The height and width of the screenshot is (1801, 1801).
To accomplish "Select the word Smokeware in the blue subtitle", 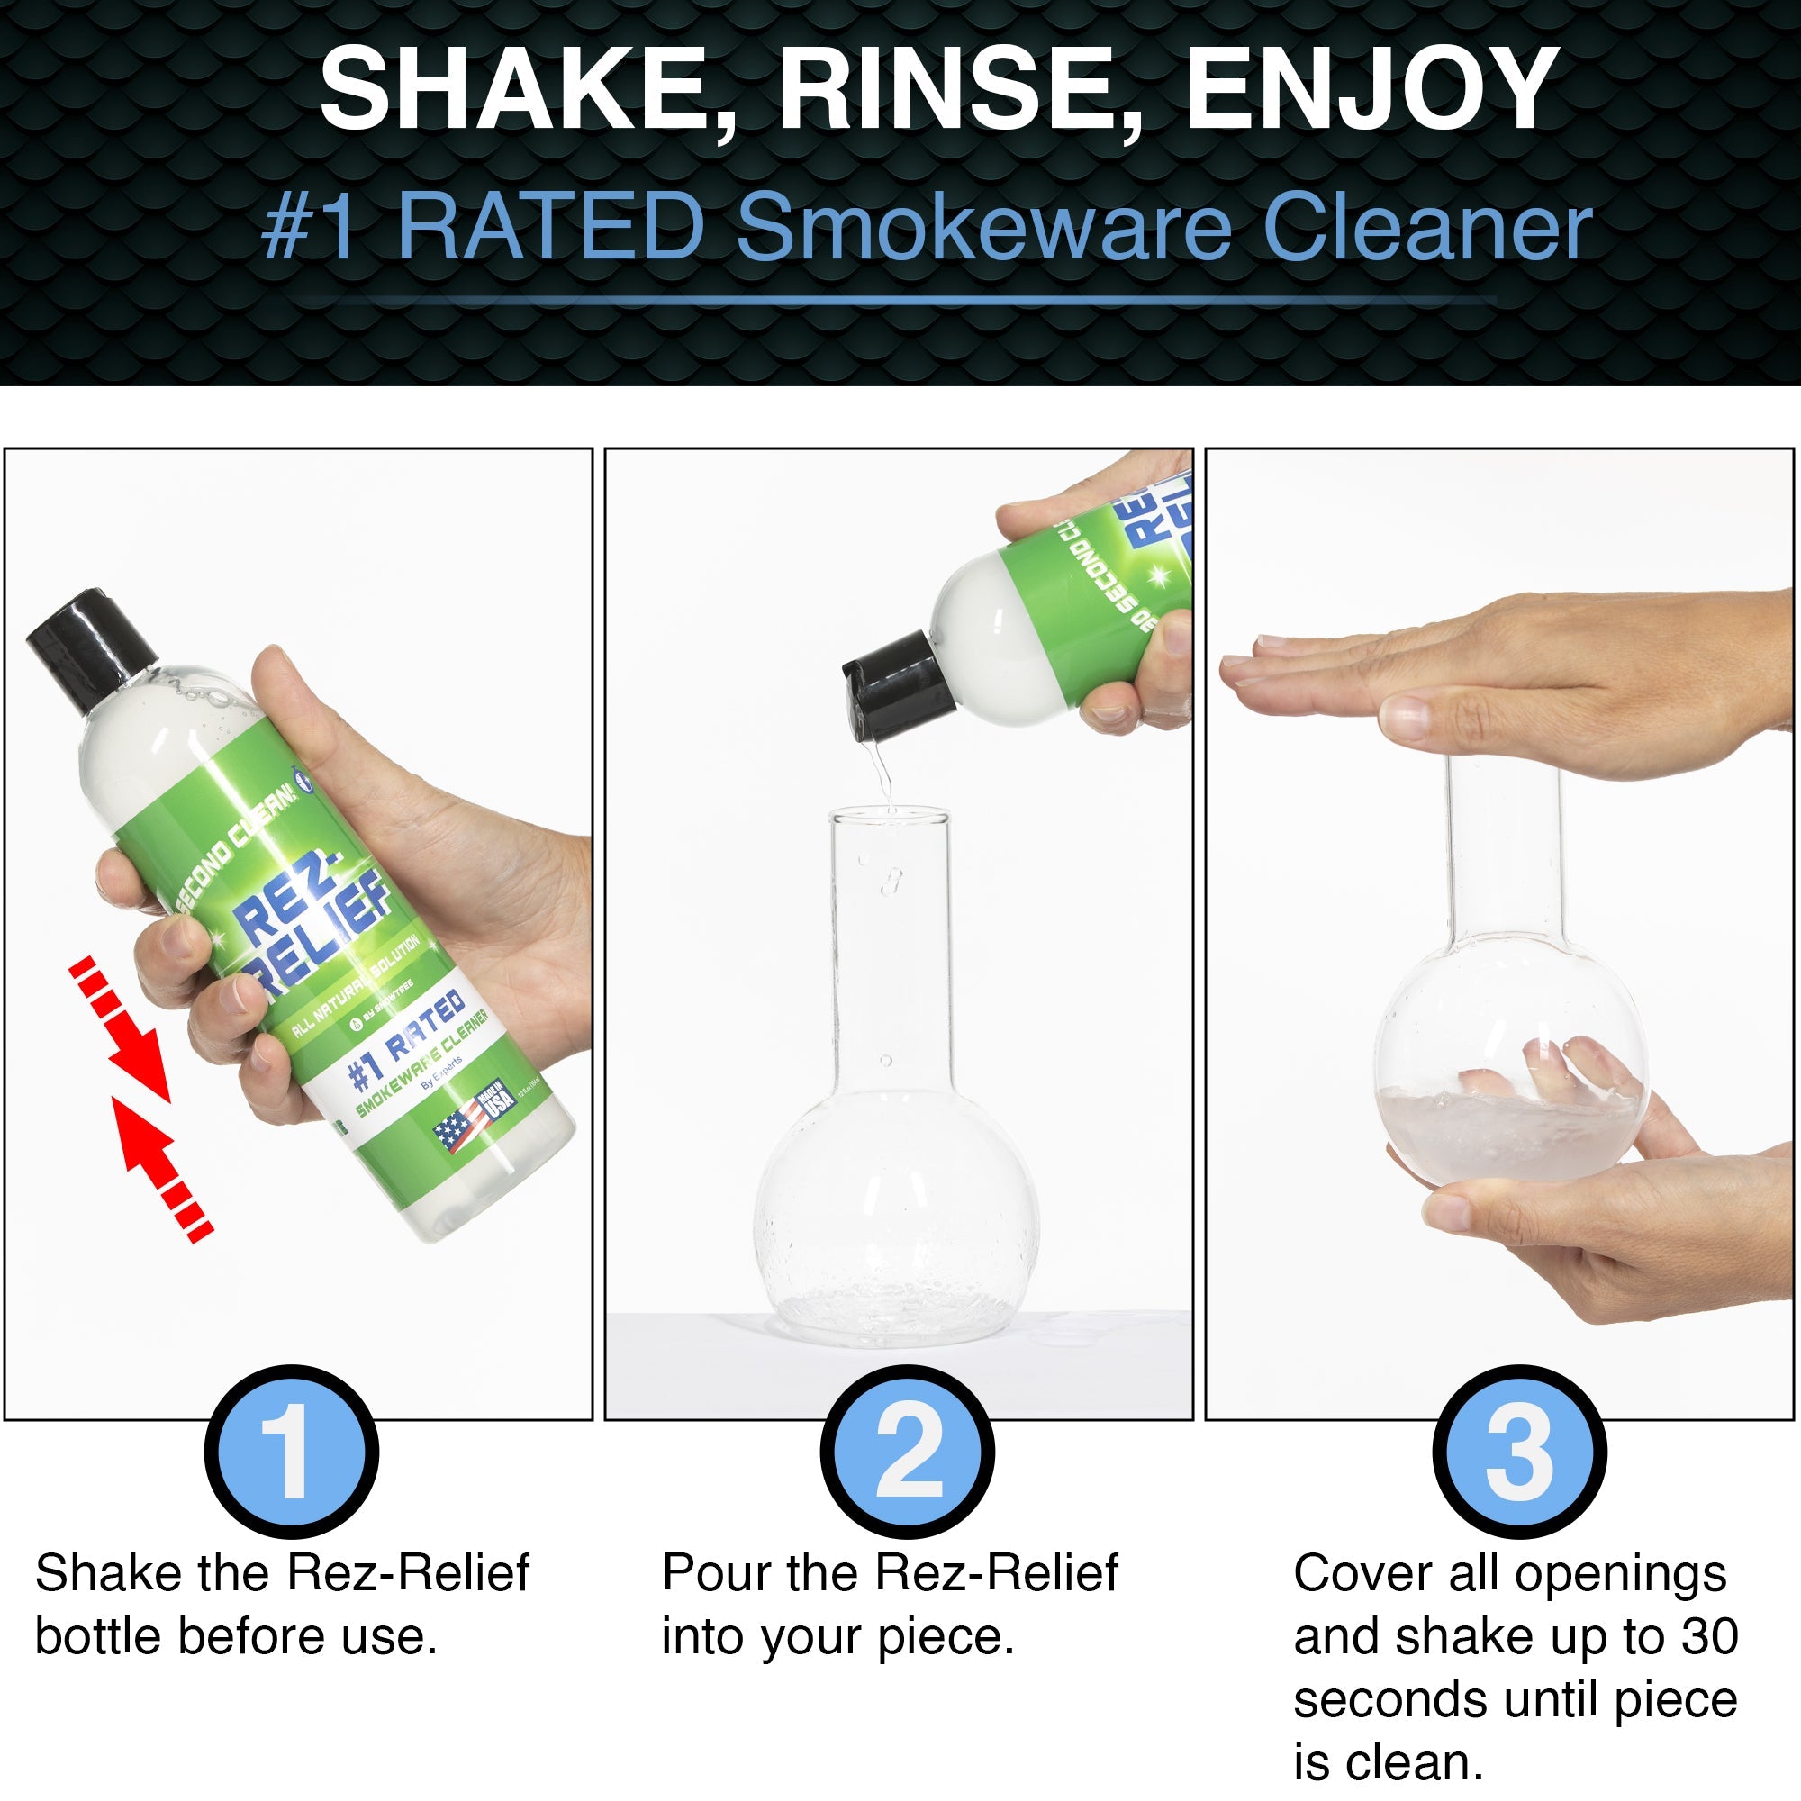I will tap(984, 229).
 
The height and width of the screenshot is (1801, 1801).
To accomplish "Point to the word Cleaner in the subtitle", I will tap(1426, 229).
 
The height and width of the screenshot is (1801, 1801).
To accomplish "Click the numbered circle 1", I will tap(292, 1452).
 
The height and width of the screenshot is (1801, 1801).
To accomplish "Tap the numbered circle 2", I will tap(907, 1452).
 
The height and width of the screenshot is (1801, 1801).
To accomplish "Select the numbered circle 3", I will tap(1519, 1452).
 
